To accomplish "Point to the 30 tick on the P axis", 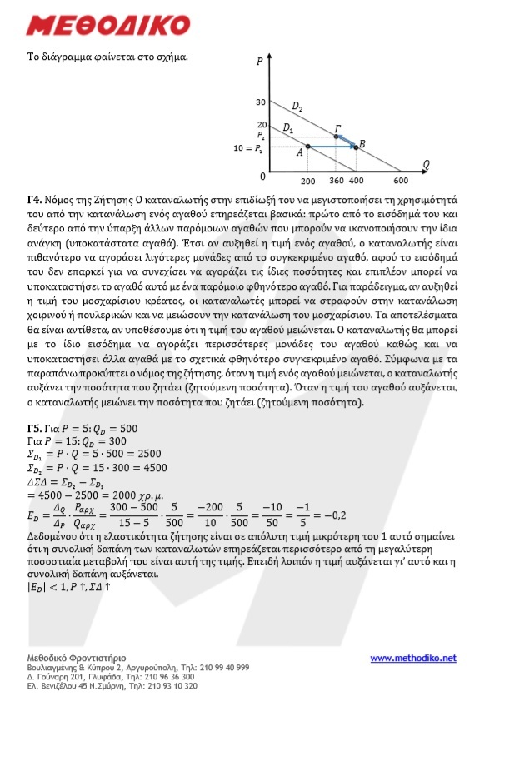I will tap(260, 102).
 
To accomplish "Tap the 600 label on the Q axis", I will tap(401, 181).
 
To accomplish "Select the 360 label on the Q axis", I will tap(337, 181).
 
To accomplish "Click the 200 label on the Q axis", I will tap(307, 181).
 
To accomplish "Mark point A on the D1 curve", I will tap(307, 147).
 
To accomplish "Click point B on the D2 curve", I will tap(355, 147).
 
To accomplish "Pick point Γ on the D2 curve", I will tap(337, 136).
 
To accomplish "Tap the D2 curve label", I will tap(297, 107).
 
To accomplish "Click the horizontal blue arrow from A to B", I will tap(331, 147).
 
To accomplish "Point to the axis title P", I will tap(260, 61).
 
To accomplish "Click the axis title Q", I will tap(426, 163).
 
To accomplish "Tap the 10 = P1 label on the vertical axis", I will tap(249, 147).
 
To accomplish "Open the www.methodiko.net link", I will tap(413, 658).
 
